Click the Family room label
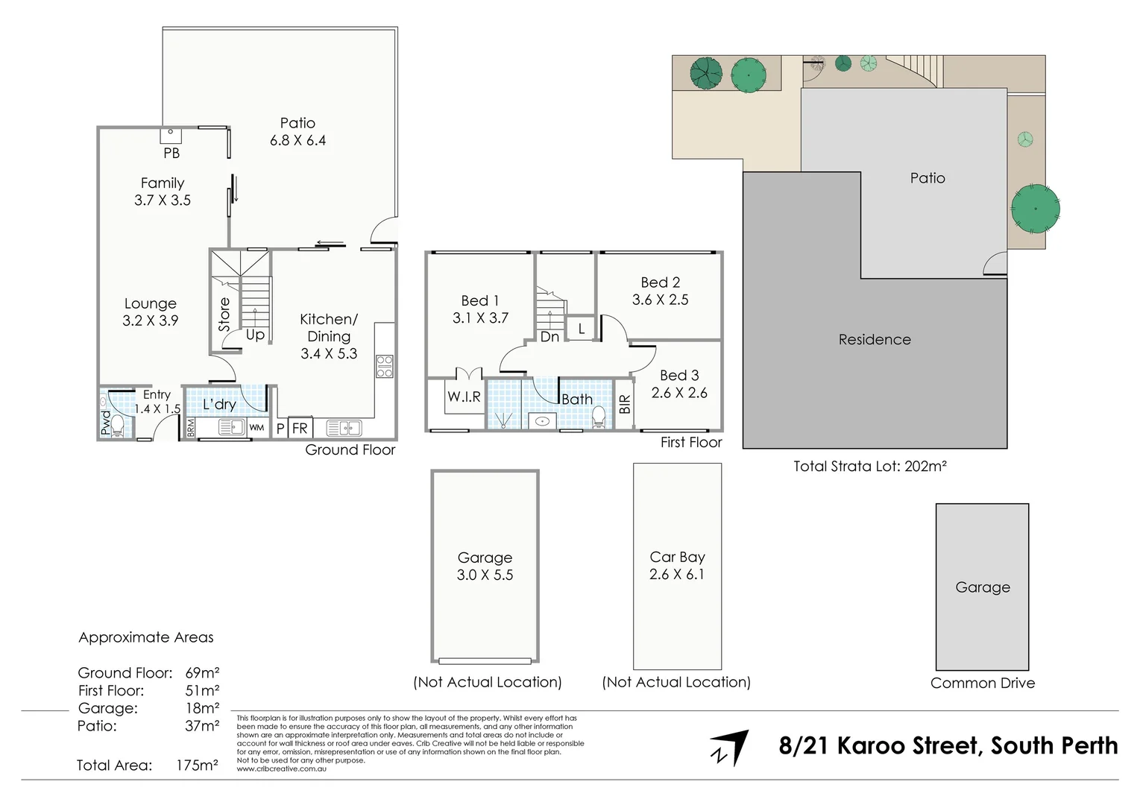(x=162, y=183)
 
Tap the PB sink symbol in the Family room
(x=171, y=135)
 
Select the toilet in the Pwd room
(x=117, y=426)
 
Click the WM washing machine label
(x=256, y=428)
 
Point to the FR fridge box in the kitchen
(x=300, y=428)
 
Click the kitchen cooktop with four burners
(x=385, y=366)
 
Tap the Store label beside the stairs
(x=224, y=315)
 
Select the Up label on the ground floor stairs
(x=255, y=335)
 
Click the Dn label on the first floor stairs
(x=549, y=337)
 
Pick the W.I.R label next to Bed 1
(x=464, y=397)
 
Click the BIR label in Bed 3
(x=625, y=405)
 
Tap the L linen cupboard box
(x=581, y=329)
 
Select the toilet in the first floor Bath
(x=598, y=419)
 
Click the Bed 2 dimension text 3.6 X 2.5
(x=660, y=300)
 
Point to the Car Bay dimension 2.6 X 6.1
(x=676, y=575)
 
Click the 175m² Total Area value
(x=197, y=765)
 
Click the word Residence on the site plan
(x=874, y=340)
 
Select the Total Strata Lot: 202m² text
(x=869, y=467)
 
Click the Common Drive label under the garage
(x=982, y=684)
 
